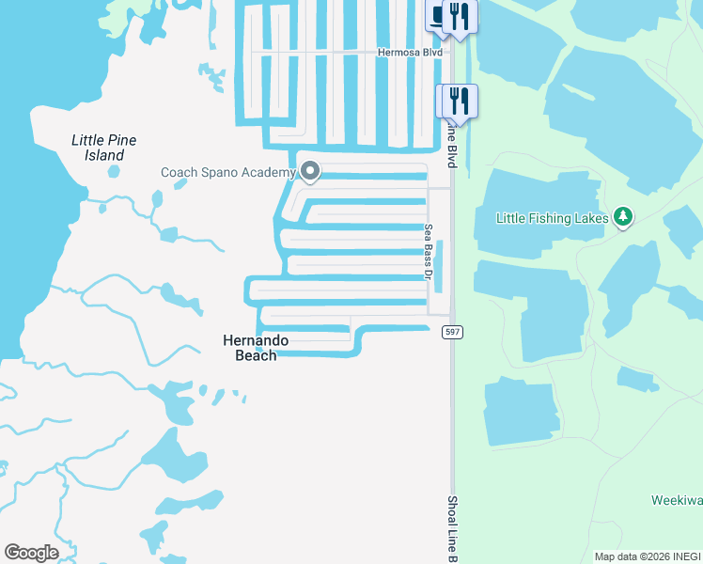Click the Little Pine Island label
click(103, 148)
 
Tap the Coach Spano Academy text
click(228, 172)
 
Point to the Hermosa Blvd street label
click(409, 53)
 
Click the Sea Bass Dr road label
click(428, 251)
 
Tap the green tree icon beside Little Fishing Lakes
click(622, 218)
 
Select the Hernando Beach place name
click(256, 347)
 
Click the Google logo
click(31, 553)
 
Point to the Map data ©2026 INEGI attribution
click(648, 556)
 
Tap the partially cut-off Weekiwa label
click(677, 500)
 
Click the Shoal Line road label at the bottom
click(452, 529)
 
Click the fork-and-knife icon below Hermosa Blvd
click(460, 99)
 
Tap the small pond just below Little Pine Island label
click(114, 172)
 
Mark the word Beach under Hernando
click(256, 355)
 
